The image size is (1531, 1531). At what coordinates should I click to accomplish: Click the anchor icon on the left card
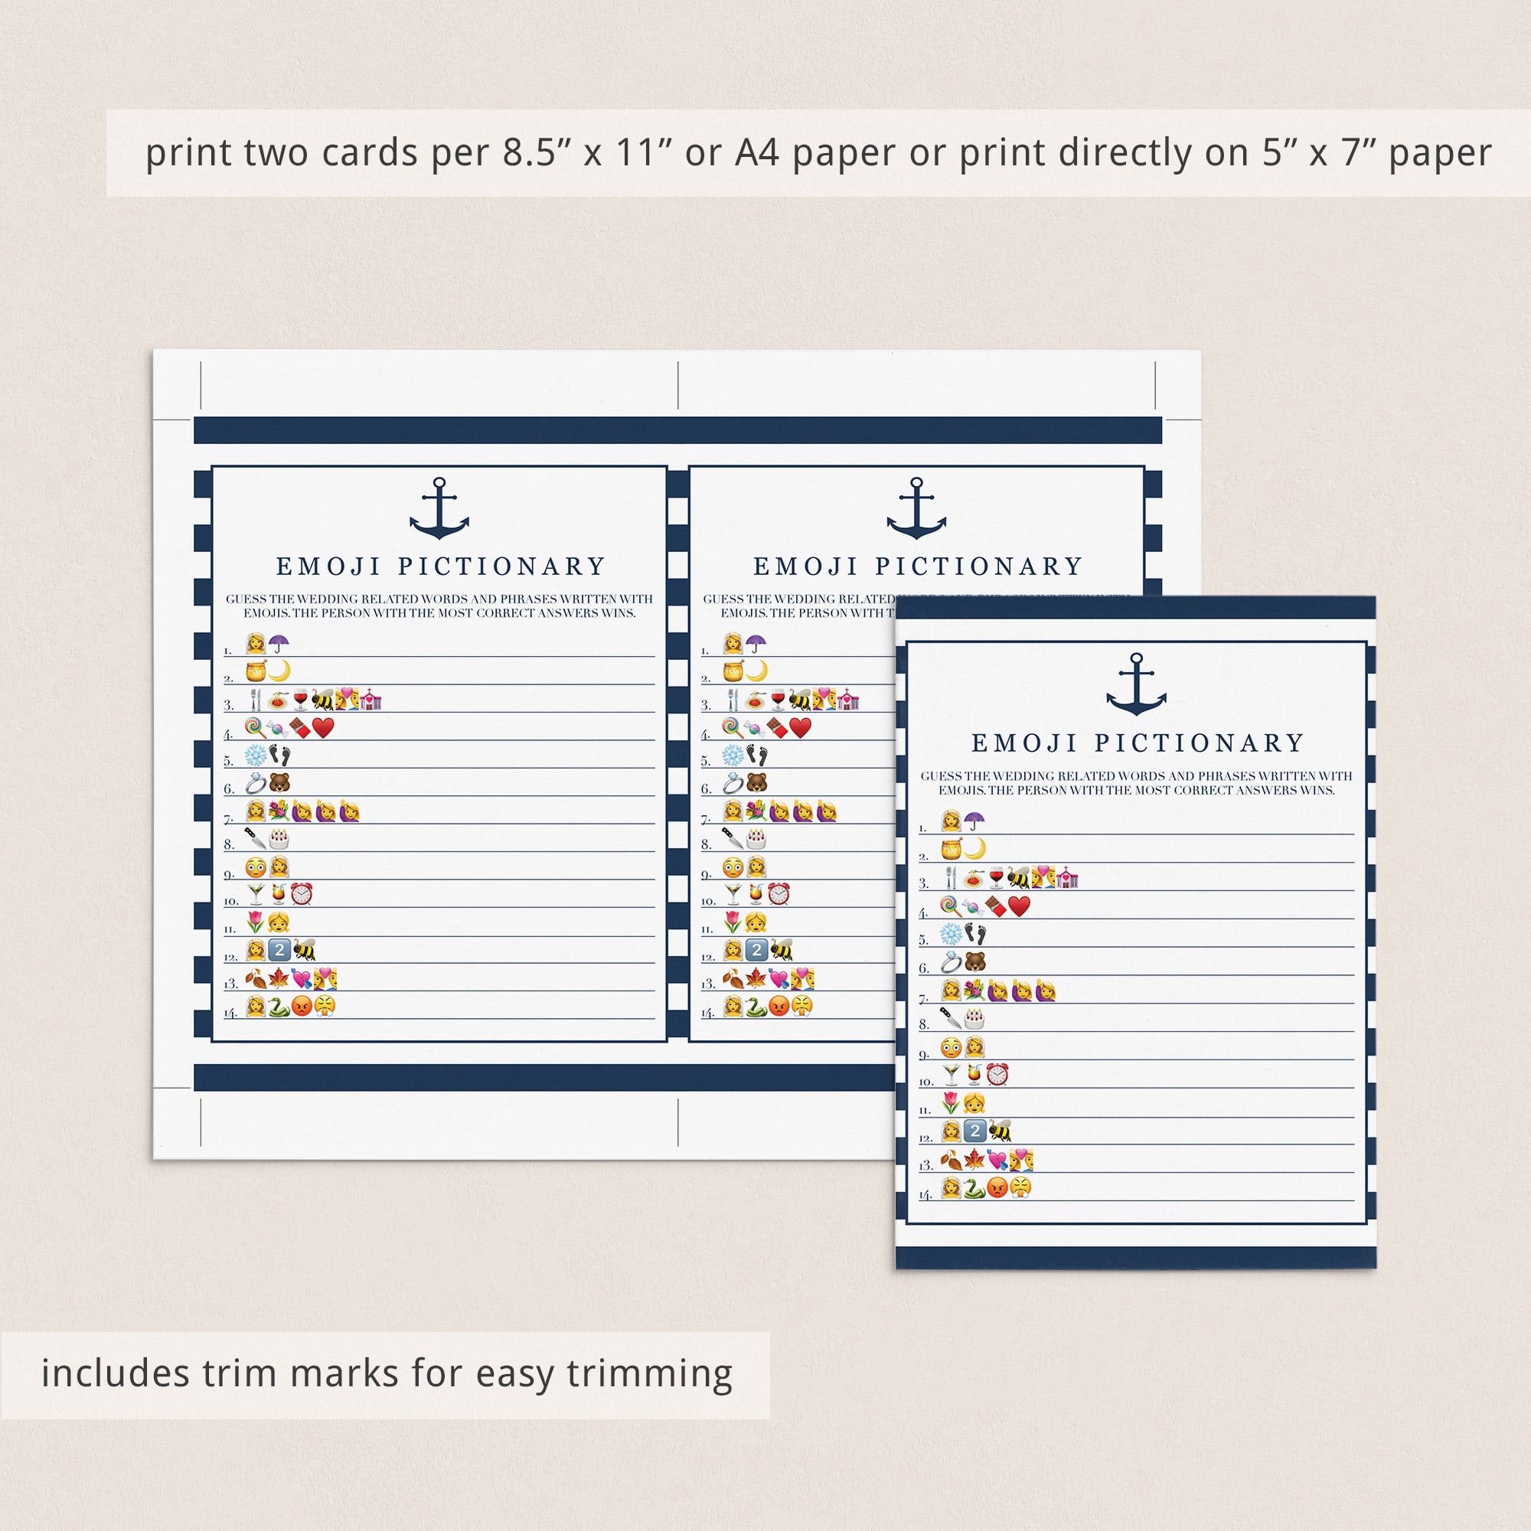click(x=439, y=509)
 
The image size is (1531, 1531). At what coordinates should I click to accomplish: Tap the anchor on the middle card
click(x=916, y=509)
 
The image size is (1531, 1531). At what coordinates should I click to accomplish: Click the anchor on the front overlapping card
click(x=1136, y=684)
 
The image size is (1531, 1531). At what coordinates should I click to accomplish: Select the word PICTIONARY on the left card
click(x=501, y=566)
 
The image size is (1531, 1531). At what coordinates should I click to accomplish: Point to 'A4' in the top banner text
click(x=757, y=153)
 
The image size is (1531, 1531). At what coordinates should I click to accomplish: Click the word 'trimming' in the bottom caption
click(x=650, y=1373)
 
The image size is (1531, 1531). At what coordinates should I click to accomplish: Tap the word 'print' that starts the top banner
click(x=188, y=153)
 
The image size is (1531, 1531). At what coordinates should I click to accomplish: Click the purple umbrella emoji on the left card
click(x=278, y=644)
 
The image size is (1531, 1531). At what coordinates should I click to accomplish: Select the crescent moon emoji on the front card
click(x=974, y=849)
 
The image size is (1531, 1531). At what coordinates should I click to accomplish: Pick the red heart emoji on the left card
click(x=323, y=727)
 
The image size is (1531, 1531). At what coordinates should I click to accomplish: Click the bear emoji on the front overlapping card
click(x=975, y=963)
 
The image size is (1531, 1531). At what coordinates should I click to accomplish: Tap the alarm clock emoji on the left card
click(x=301, y=895)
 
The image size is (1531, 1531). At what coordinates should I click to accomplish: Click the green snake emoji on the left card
click(x=279, y=1007)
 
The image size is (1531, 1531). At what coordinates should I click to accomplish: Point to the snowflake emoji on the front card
click(x=951, y=934)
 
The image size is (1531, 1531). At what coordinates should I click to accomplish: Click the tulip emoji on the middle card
click(x=733, y=922)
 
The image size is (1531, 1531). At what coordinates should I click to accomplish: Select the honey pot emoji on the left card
click(x=256, y=671)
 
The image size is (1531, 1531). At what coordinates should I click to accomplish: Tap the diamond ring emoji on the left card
click(x=255, y=784)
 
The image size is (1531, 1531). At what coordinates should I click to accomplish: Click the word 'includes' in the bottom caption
click(x=115, y=1373)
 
